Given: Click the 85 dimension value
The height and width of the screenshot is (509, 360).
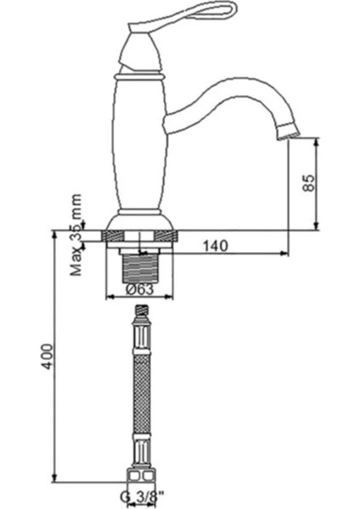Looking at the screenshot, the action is click(x=309, y=182).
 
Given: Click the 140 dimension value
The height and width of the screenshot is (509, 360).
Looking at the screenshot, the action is click(x=216, y=246).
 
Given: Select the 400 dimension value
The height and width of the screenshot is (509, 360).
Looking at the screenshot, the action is click(x=48, y=356).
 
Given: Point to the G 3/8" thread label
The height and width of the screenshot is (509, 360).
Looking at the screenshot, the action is click(x=143, y=497).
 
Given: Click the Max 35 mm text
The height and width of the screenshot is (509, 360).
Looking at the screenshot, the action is click(x=76, y=234).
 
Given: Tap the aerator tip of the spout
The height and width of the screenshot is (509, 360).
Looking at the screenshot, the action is click(x=289, y=130).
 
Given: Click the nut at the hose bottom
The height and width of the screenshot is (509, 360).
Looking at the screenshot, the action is click(x=140, y=476).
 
